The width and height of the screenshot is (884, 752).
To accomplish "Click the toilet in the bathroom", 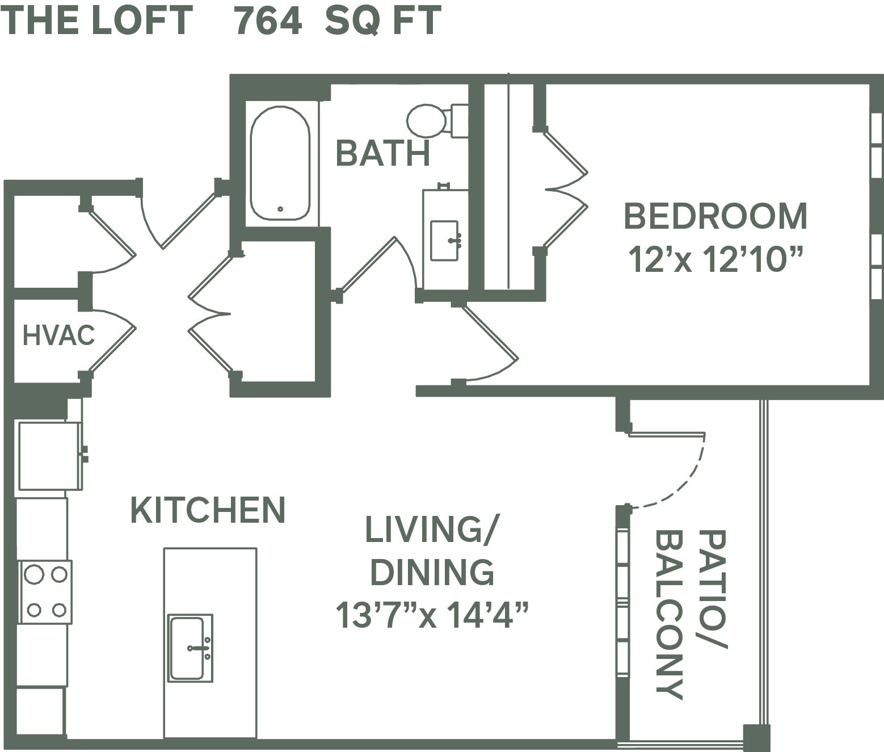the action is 437,120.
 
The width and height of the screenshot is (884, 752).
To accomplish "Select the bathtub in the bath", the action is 280,163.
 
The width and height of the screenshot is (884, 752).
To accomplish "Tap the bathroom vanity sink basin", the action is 444,241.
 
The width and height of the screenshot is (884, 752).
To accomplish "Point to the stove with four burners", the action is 45,592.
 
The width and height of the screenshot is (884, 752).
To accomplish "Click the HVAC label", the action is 58,335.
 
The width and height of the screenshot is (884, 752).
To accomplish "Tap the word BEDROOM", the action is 715,216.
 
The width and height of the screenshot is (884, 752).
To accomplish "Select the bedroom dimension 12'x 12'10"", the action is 715,259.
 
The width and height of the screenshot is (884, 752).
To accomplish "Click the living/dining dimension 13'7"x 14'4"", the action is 432,615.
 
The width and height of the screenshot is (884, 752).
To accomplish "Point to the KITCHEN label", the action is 208,510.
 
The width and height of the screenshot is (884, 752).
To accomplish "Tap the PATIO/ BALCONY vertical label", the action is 690,614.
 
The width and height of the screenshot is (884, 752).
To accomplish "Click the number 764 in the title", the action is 268,21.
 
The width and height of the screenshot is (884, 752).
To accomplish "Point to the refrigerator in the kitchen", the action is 49,456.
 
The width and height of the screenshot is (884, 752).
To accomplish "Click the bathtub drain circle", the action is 280,209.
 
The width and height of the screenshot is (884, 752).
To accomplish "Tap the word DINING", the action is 432,572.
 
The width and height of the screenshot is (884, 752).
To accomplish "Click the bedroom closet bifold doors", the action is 565,189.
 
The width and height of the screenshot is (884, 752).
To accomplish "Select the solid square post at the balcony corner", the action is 756,737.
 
